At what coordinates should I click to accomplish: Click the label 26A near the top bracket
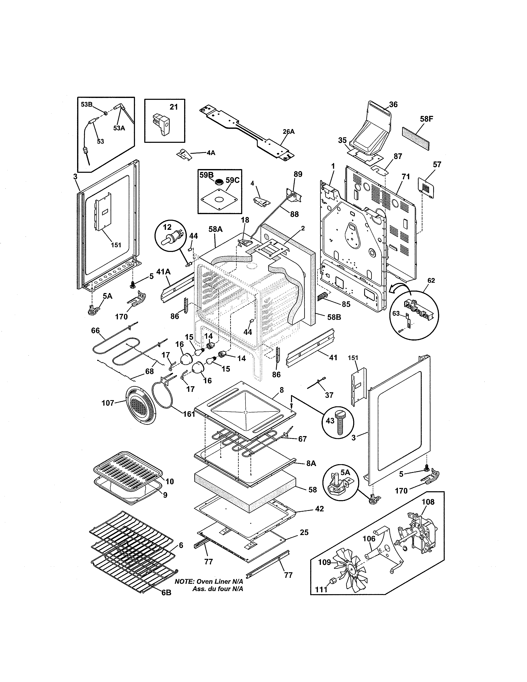tap(289, 132)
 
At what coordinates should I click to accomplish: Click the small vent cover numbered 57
tap(426, 187)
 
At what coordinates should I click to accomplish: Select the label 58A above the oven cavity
tap(215, 229)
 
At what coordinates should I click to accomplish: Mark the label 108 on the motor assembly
tap(428, 502)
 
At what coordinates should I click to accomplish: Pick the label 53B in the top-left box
tap(86, 105)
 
